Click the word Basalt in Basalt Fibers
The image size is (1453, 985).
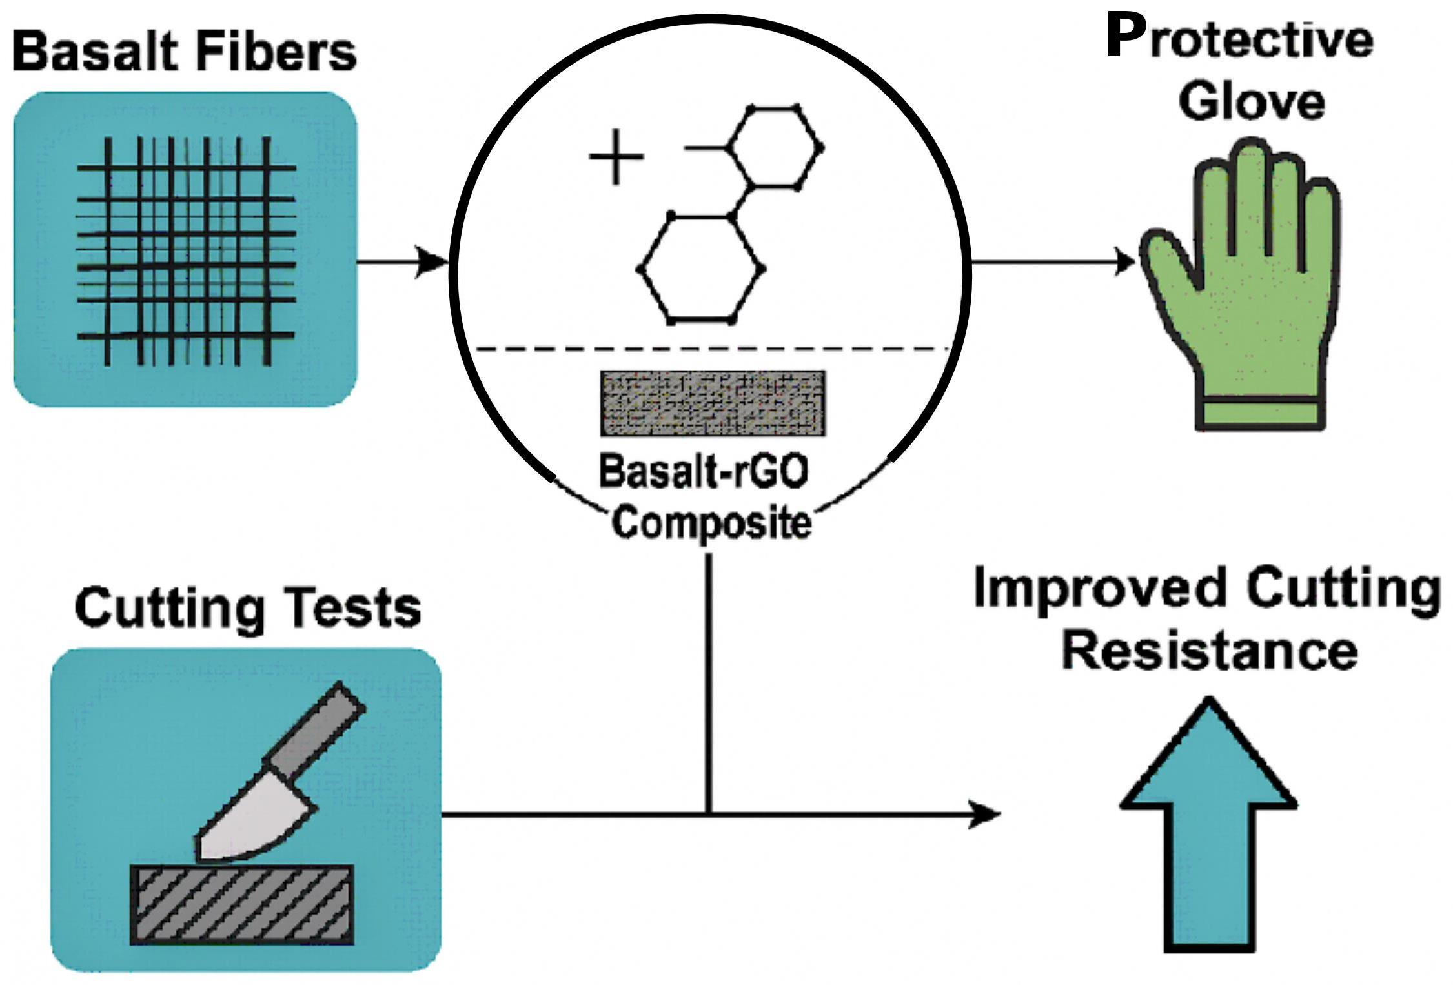[99, 52]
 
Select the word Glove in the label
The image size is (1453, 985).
[1252, 101]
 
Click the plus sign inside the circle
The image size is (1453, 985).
[616, 157]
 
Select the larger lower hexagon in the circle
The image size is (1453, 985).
[701, 269]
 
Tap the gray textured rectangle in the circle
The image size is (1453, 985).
[713, 403]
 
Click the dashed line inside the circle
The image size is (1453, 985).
[710, 349]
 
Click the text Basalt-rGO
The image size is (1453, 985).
[704, 471]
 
